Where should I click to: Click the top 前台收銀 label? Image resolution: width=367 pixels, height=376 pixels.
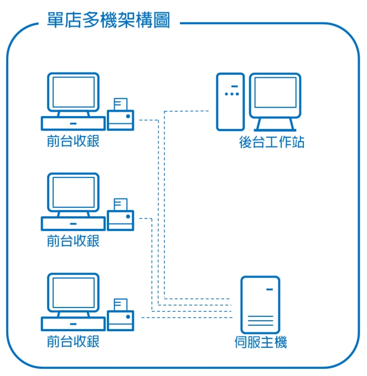coord(73,142)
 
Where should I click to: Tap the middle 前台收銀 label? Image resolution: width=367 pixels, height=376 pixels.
coord(73,241)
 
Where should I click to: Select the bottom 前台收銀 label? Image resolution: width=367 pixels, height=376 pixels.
coord(73,341)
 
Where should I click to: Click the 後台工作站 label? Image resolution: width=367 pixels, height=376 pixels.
coord(272,143)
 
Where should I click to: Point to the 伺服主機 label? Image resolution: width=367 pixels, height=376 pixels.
coord(261,343)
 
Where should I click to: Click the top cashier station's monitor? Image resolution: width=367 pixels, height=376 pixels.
coord(73,92)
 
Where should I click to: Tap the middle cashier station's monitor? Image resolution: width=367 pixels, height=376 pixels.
coord(73,192)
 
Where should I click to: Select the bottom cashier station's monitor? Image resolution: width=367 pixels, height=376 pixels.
coord(73,292)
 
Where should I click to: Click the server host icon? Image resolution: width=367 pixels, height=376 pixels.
coord(260,305)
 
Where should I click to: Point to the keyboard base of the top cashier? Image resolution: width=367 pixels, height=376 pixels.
coord(73,123)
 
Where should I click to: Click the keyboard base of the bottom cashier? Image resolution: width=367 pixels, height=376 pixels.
coord(73,323)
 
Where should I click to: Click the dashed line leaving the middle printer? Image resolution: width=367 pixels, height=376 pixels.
coord(145,219)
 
